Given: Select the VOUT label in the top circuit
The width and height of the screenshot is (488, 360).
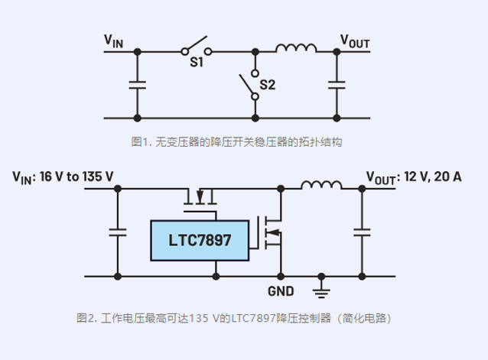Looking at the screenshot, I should coord(355,41).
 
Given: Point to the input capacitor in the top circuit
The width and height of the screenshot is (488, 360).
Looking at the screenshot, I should coord(137,85).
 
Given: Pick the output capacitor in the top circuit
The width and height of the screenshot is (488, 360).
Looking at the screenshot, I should coord(334,85).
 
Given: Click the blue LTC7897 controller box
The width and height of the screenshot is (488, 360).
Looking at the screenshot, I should coord(199,240).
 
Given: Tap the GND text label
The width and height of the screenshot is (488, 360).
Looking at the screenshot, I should coord(281,291).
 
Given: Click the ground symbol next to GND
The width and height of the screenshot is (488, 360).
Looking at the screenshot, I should coord(322,290).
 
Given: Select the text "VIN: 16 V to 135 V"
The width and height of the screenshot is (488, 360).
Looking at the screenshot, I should coord(63,177).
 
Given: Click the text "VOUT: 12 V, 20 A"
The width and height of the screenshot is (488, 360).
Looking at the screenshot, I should coord(413,177).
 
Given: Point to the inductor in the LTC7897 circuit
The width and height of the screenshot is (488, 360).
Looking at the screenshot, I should coord(320,185).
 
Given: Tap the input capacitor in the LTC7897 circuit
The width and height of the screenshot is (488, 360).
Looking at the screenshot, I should coord(118,231).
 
